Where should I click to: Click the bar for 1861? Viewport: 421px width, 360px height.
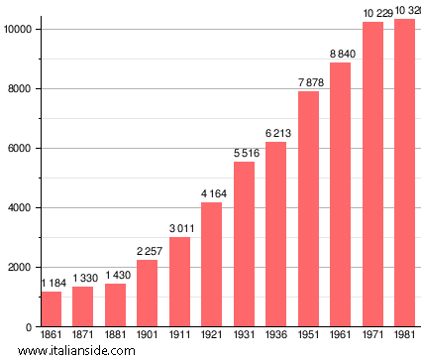(x=51, y=308)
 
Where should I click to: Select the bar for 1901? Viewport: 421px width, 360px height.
(x=147, y=293)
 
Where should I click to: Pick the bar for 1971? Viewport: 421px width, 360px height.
(x=372, y=174)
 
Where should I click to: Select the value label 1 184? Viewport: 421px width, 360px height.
(x=51, y=284)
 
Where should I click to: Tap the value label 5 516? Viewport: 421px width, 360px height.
(x=244, y=154)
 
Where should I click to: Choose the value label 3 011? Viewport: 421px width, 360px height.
(x=179, y=229)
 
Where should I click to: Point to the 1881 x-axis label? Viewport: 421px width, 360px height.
(x=115, y=335)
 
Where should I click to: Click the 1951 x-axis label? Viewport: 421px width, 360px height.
(x=308, y=335)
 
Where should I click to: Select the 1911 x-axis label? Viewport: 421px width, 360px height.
(x=179, y=335)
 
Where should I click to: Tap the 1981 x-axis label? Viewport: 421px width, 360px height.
(x=404, y=335)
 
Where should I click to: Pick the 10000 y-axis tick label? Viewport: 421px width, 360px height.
(x=17, y=30)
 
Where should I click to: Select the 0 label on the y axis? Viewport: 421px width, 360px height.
(x=30, y=327)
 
